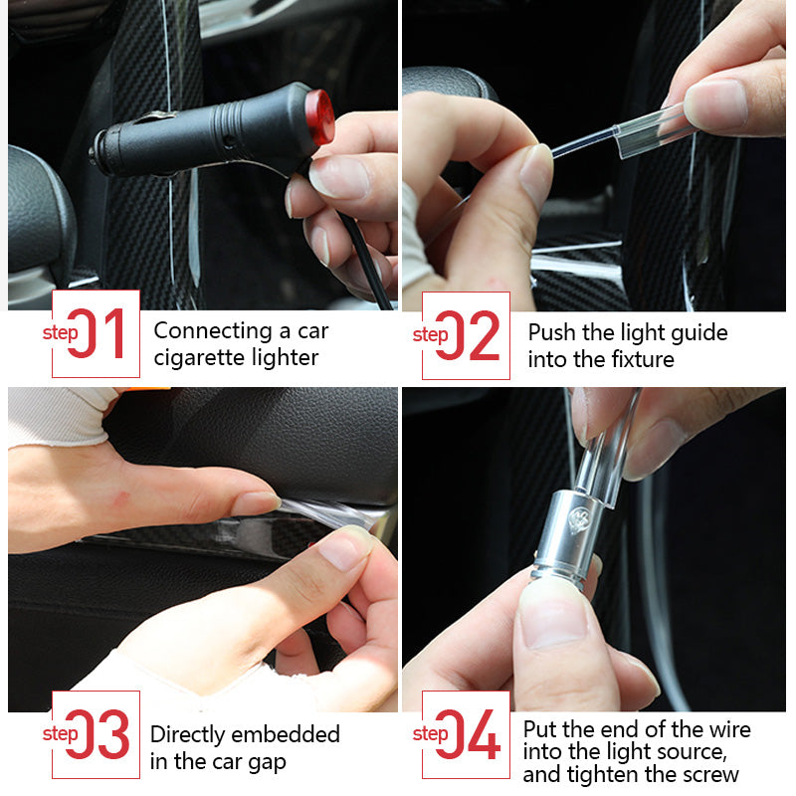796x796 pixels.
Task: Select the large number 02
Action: pyautogui.click(x=471, y=335)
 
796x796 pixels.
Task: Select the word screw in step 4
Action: pyautogui.click(x=706, y=775)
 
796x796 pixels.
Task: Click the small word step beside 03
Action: pyautogui.click(x=60, y=734)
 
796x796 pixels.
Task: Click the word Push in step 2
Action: pyautogui.click(x=551, y=332)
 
